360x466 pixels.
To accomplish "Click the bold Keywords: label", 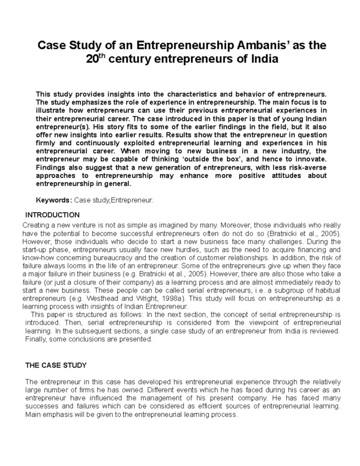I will click(x=54, y=200).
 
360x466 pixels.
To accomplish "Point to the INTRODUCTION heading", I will click(x=52, y=214).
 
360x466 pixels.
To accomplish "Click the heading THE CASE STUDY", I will click(x=56, y=365).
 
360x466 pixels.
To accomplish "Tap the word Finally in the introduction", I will click(x=35, y=339).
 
